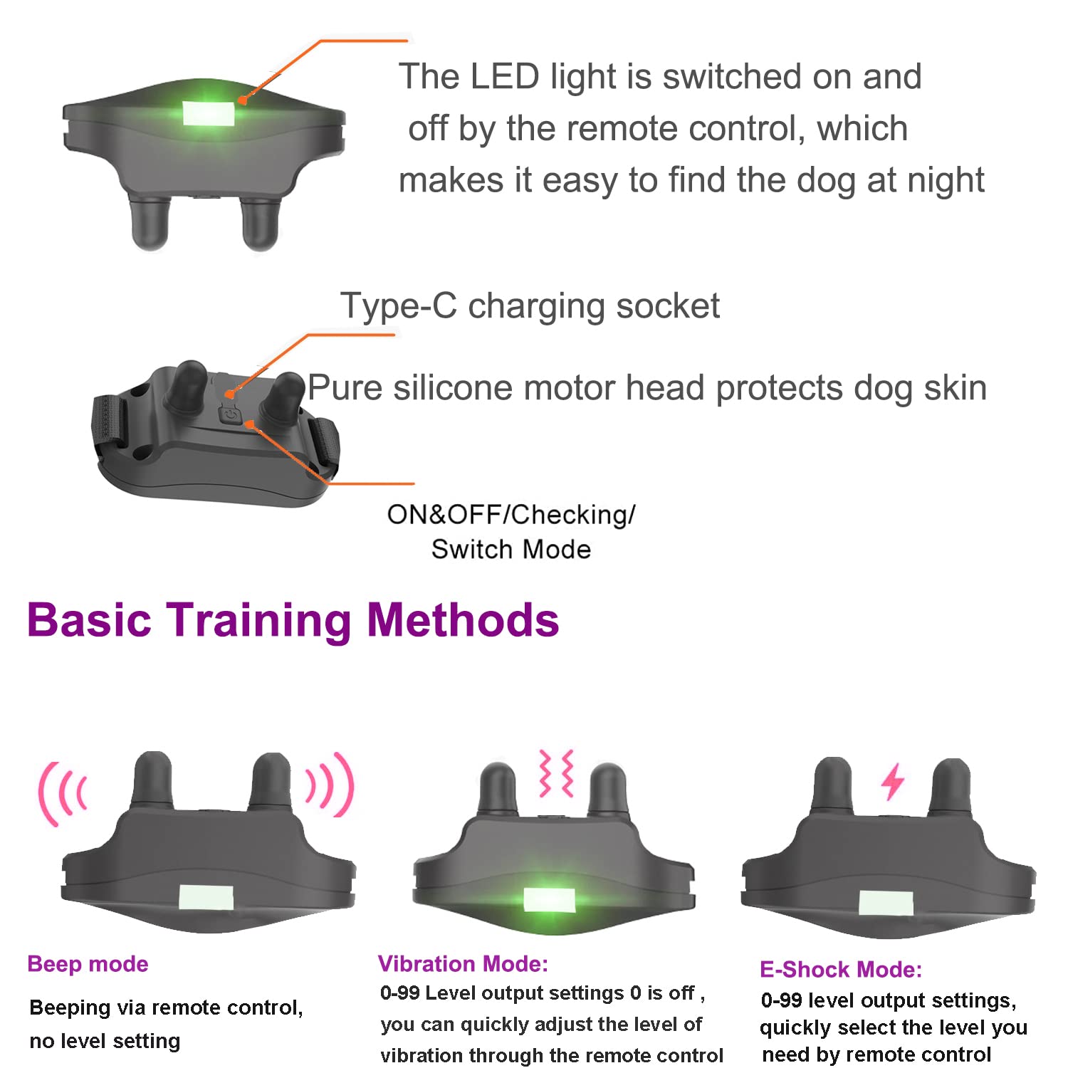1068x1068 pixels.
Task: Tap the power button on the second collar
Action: coord(229,413)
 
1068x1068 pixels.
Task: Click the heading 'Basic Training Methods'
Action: coord(293,619)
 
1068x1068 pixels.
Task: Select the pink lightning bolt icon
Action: coord(892,781)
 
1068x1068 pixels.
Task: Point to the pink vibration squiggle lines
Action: coord(557,773)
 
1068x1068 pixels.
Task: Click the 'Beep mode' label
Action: coord(88,963)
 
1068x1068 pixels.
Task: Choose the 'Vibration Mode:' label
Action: coord(463,963)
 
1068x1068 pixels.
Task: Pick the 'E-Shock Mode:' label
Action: coord(840,969)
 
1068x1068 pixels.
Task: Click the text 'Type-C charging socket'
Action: coord(530,306)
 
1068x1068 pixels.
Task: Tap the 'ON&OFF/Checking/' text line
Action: coord(511,514)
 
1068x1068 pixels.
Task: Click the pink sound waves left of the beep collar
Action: coord(63,792)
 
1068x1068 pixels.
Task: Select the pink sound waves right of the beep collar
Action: coord(330,785)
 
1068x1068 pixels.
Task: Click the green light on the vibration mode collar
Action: coord(549,900)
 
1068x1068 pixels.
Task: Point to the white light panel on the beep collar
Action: coord(206,898)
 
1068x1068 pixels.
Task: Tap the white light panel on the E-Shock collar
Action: coord(886,903)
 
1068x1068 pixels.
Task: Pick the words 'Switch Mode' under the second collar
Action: coord(511,549)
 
